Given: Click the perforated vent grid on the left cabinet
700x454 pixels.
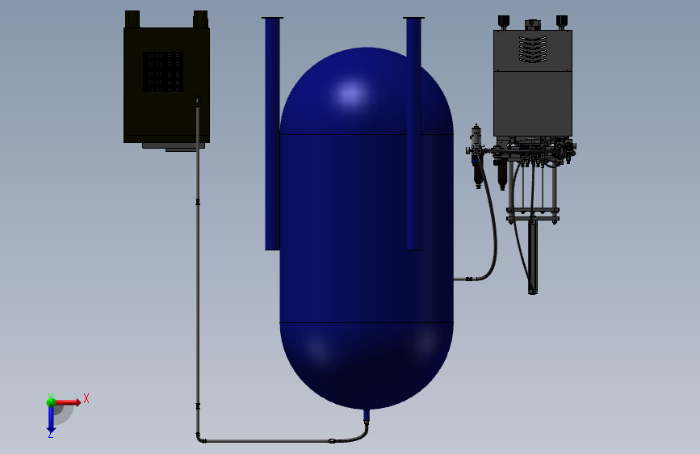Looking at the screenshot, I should (163, 71).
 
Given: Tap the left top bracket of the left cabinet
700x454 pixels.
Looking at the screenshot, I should (132, 19).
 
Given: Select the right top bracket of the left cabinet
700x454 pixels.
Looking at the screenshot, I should (200, 19).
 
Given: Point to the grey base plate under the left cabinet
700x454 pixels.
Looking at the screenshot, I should (173, 146).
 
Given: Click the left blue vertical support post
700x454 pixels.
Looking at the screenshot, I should (272, 133).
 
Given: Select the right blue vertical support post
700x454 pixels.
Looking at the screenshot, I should (413, 133).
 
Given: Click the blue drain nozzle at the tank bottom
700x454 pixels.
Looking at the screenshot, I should (366, 415).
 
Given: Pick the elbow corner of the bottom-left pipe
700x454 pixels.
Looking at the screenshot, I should (199, 439).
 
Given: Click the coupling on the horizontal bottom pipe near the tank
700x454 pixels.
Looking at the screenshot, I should (332, 440).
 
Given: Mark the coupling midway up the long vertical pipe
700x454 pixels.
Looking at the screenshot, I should (198, 201).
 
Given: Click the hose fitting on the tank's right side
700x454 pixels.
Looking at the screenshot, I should (469, 279).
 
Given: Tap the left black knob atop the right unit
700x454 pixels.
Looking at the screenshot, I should (504, 21).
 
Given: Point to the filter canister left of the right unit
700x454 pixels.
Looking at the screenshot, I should (476, 158).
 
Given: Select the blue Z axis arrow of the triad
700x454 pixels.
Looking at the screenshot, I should (51, 419).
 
